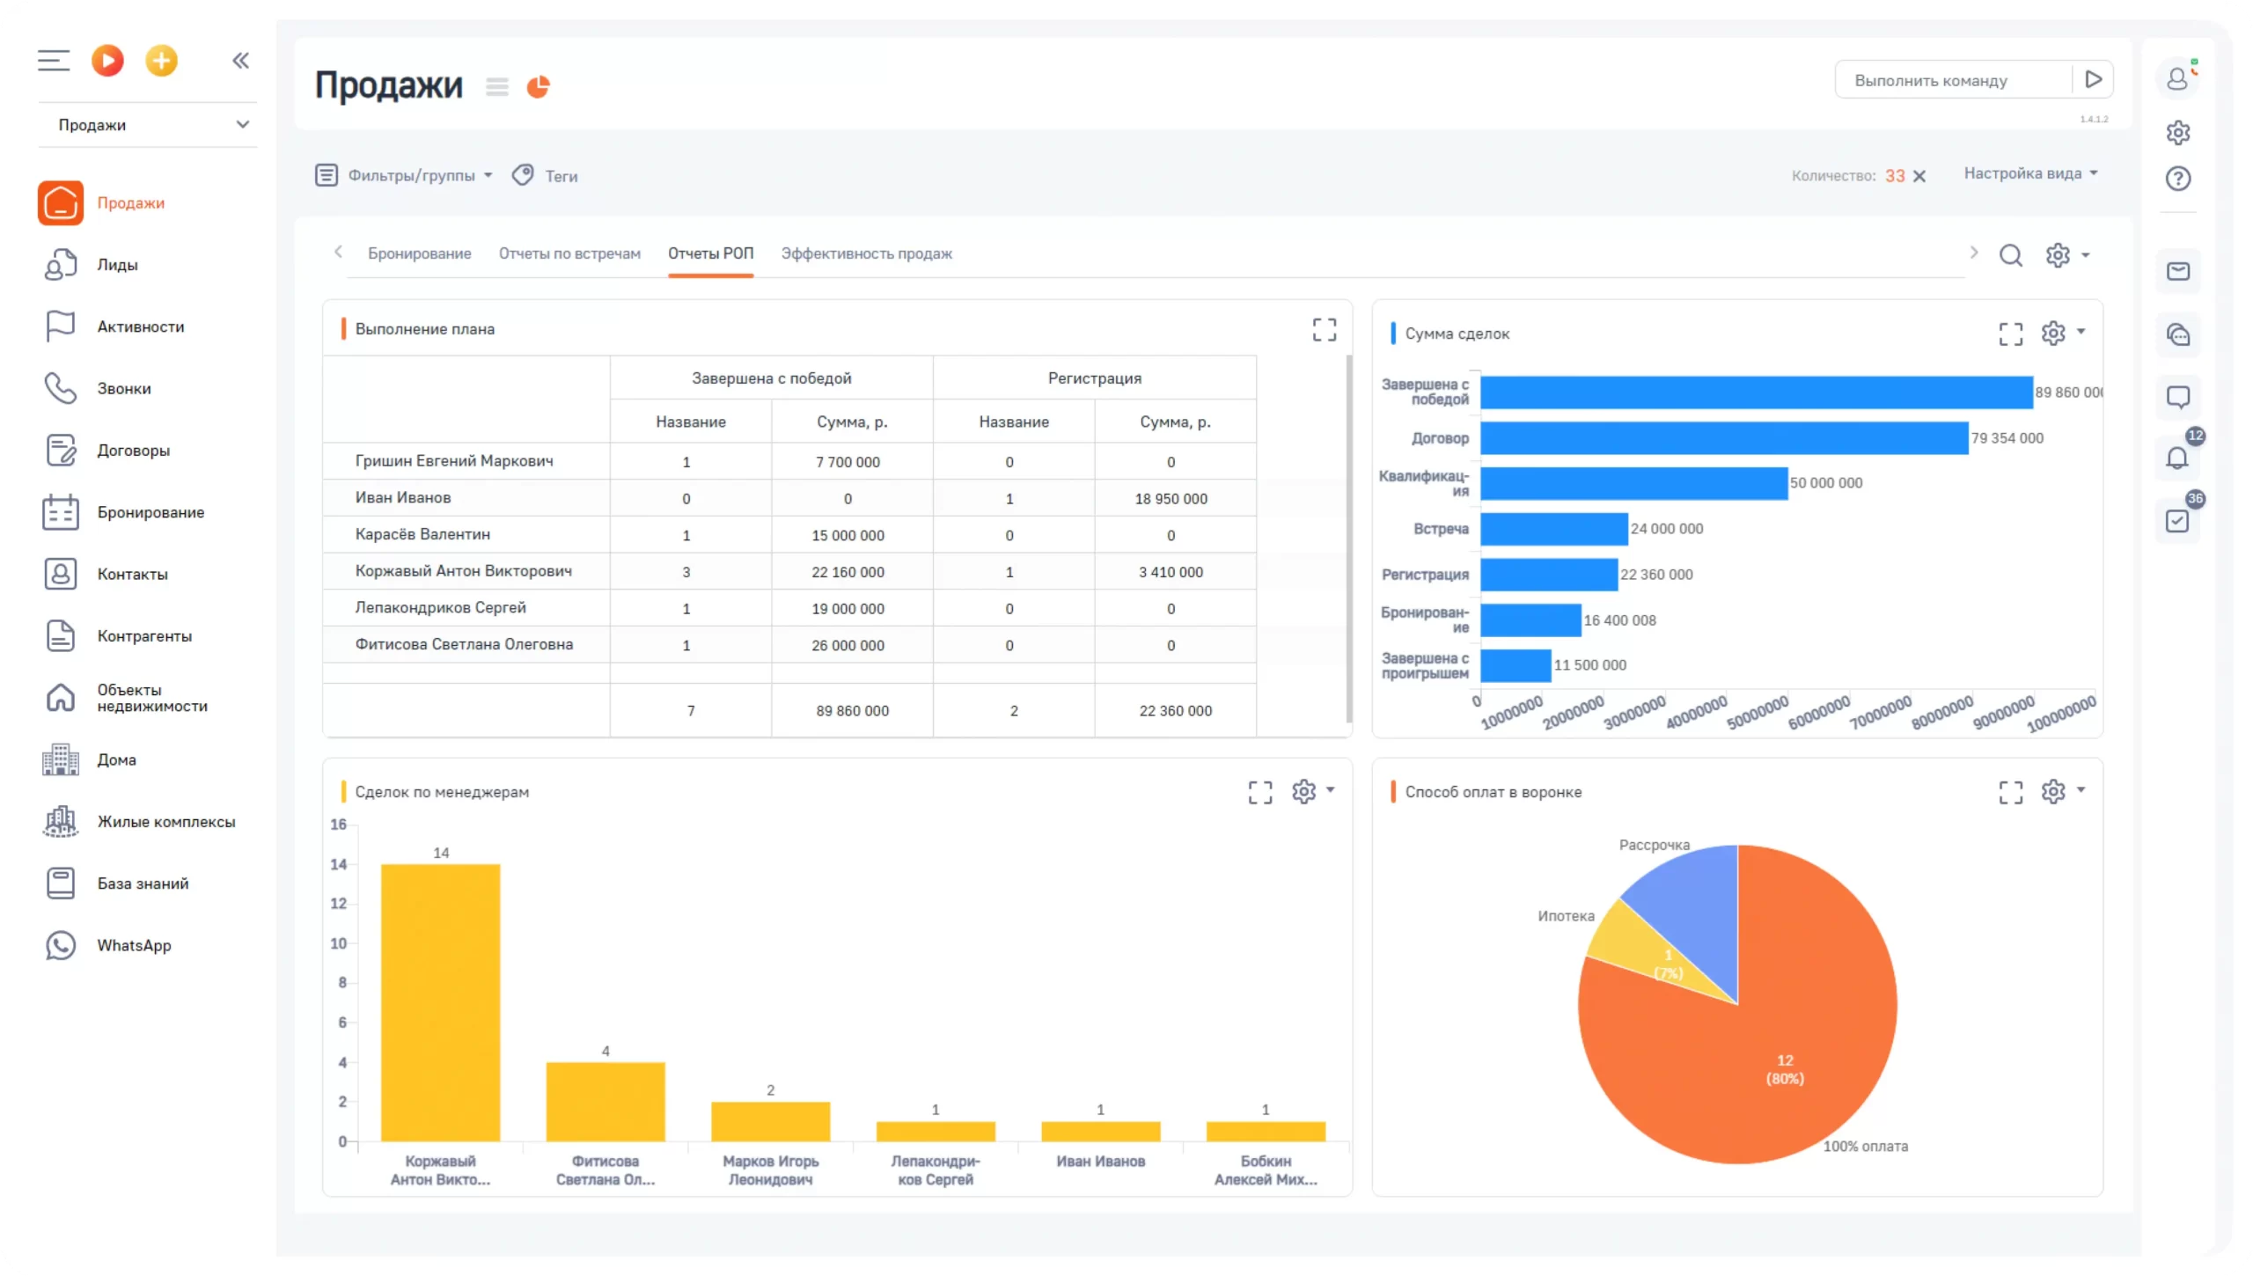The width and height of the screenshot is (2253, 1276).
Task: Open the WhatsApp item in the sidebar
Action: coord(134,945)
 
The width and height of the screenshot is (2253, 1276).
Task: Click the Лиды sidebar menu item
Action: coord(117,265)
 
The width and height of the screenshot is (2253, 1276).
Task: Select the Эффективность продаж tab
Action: coord(866,253)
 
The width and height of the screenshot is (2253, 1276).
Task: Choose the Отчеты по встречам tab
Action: coord(569,253)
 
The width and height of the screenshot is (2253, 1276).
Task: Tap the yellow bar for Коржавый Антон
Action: coord(440,1002)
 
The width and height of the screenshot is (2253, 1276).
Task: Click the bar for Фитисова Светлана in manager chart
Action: coord(605,1102)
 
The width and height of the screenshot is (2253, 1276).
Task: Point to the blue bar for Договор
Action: coord(1723,438)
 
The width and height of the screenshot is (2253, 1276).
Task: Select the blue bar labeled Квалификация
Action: coord(1633,483)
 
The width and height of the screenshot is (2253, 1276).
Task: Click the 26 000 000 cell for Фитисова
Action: coord(848,645)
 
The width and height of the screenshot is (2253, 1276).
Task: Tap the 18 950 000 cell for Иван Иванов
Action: coord(1171,499)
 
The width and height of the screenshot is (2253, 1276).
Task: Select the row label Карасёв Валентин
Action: coord(422,534)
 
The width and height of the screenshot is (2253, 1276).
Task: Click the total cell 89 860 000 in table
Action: coord(852,710)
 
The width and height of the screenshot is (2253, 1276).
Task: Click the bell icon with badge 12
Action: coord(2177,458)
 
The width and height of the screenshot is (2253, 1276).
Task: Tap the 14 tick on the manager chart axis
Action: coord(339,864)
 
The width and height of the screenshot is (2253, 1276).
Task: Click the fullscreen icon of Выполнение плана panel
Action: coord(1324,329)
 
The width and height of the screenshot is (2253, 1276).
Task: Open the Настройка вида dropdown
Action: coord(2030,173)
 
